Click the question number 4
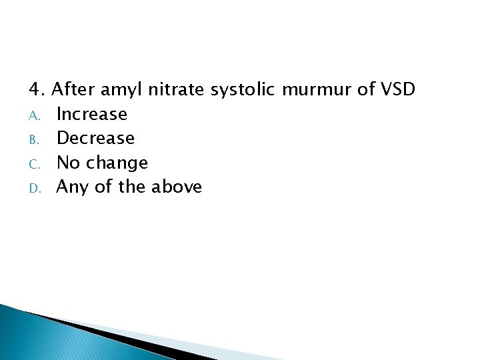36,89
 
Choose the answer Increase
92,114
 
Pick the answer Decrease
95,138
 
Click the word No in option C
67,162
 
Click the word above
177,187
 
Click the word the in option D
132,187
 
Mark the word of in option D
103,187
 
